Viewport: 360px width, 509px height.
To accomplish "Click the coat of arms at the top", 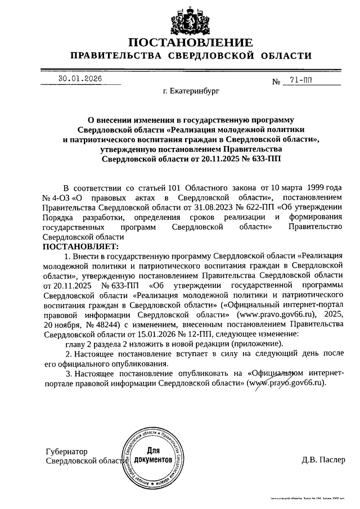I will coord(190,18).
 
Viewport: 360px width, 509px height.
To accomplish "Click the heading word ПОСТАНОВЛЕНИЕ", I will coord(190,43).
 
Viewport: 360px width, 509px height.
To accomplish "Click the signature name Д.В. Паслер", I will coord(322,460).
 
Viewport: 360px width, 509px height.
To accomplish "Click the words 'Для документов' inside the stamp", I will coord(152,456).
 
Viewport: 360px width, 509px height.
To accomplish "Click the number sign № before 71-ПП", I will coord(276,82).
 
